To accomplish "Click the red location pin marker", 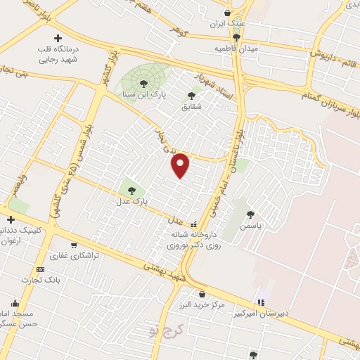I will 181,165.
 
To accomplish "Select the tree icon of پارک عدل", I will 131,189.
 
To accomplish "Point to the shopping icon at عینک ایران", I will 227,13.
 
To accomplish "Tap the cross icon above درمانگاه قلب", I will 58,37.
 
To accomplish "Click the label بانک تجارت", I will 42,279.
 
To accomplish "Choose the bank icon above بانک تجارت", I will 40,269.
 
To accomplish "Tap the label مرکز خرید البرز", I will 202,304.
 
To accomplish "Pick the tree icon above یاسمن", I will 251,215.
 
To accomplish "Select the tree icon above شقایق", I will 191,96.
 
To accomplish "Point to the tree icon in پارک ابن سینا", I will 143,84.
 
